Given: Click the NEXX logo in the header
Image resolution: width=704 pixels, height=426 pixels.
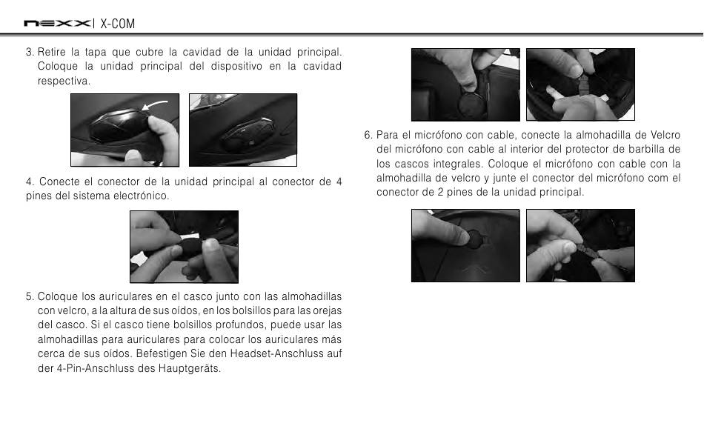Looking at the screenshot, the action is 56,24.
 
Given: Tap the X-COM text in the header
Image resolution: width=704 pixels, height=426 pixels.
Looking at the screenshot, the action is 117,24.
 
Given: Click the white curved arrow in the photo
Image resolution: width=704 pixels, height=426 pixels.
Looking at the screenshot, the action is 154,105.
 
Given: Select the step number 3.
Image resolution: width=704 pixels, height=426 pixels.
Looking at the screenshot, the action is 30,52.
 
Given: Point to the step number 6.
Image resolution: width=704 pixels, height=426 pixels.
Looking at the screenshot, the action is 368,135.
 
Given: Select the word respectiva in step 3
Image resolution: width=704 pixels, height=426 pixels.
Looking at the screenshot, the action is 64,81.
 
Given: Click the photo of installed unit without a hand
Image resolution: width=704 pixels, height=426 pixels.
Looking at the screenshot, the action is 243,130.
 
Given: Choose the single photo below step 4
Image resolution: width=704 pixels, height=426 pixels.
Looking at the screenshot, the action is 184,247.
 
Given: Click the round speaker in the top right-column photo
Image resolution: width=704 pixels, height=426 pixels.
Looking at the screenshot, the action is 471,104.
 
